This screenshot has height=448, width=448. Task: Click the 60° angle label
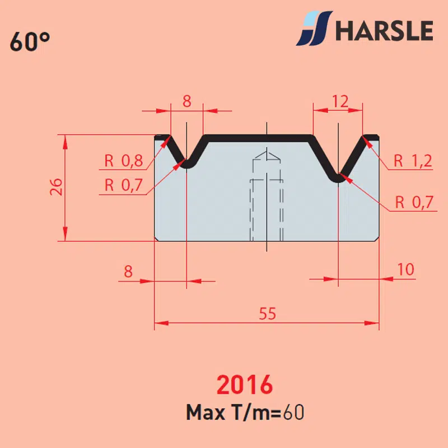30,41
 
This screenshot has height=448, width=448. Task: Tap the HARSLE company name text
384,31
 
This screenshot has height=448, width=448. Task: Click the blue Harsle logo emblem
314,29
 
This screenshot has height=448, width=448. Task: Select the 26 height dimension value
56,187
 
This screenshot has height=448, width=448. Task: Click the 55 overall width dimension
268,314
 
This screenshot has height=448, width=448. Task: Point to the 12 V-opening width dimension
340,101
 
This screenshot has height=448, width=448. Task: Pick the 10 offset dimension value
405,269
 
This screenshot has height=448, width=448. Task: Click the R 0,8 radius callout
124,161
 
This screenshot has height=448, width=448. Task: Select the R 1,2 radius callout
413,161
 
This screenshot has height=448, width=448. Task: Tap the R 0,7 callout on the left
124,185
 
